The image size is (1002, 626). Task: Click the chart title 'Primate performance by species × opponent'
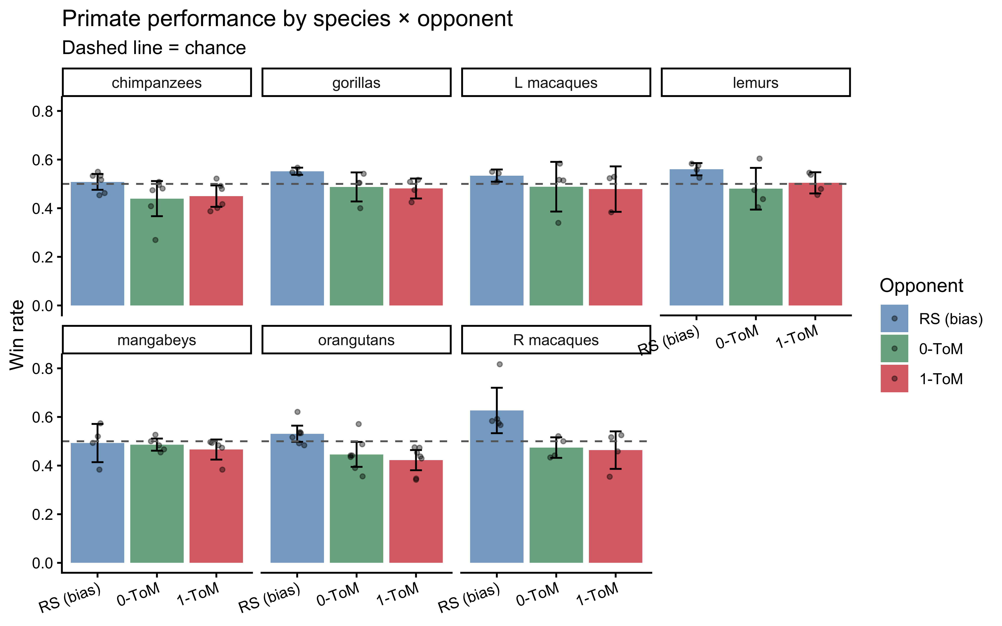pyautogui.click(x=287, y=19)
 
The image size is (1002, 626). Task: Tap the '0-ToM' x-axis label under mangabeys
pyautogui.click(x=138, y=595)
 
